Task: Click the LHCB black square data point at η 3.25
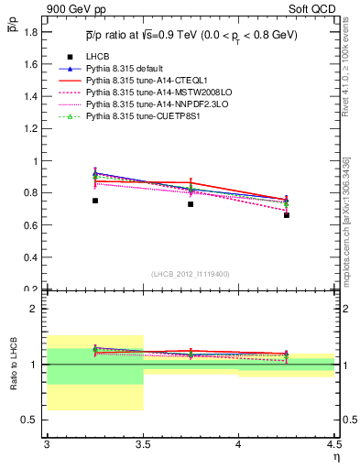click(x=95, y=201)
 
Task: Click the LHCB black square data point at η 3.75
click(x=191, y=204)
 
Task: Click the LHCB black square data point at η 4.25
click(x=287, y=215)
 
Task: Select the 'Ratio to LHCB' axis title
click(x=13, y=364)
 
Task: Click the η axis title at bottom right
click(x=335, y=457)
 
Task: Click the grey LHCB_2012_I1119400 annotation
click(x=191, y=274)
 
